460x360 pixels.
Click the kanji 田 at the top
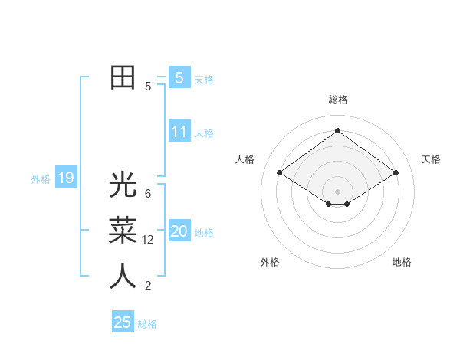[123, 78]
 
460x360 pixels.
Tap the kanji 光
[123, 185]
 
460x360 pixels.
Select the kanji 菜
[123, 231]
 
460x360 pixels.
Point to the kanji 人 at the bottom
[123, 277]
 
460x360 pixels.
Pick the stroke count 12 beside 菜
[148, 239]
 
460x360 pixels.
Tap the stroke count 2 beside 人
[148, 286]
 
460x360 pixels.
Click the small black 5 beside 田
[148, 86]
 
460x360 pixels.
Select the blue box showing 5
[179, 78]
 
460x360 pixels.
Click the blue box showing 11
[179, 132]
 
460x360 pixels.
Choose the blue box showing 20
[179, 231]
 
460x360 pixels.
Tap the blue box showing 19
[65, 178]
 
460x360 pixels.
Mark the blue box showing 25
[123, 322]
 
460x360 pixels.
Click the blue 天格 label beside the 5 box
[204, 80]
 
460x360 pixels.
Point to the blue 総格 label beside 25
[147, 324]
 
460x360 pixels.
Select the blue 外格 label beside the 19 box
[41, 179]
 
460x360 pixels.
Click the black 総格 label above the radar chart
[337, 100]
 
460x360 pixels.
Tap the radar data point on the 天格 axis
[396, 173]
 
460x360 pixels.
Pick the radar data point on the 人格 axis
[280, 173]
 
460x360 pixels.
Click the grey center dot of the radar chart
[337, 190]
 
